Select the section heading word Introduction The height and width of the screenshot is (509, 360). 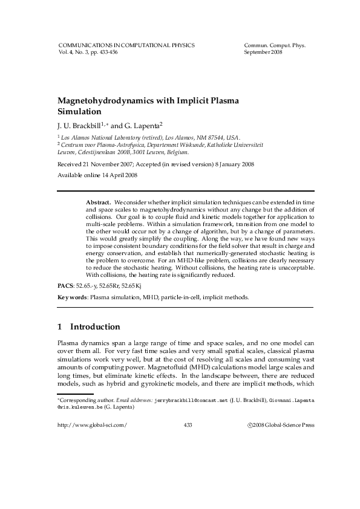pyautogui.click(x=95, y=327)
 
